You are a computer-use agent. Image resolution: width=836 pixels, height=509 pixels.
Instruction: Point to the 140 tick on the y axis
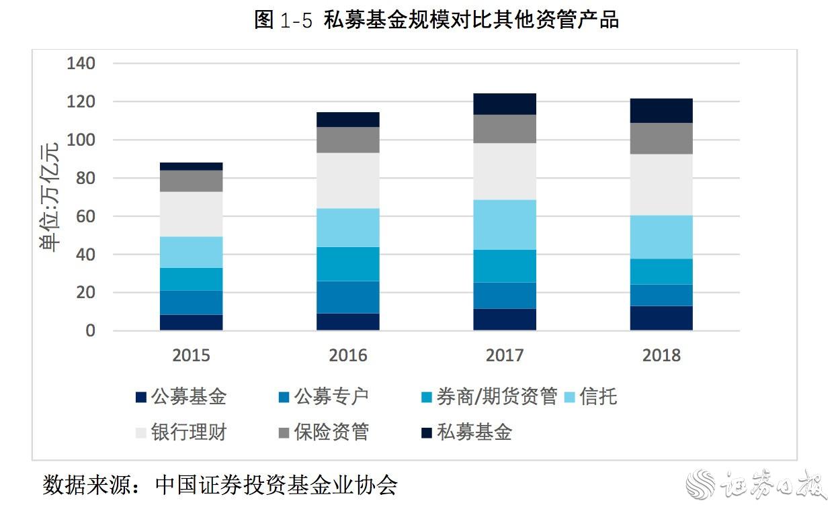pos(81,64)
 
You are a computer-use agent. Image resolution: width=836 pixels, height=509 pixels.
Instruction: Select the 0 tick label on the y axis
pos(90,331)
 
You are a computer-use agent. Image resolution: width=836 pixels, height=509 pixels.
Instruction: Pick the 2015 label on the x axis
pos(191,355)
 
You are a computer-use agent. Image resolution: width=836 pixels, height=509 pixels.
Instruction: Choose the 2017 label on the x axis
pos(505,355)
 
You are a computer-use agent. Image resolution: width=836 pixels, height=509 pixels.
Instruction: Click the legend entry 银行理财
pos(189,432)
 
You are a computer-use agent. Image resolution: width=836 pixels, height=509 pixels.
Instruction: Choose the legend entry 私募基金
pos(474,432)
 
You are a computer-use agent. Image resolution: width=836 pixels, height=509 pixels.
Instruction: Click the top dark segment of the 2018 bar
pos(661,111)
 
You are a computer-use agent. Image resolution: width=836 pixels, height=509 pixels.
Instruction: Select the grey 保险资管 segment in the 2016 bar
pos(348,140)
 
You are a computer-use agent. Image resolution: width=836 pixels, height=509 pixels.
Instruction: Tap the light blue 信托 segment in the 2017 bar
pos(505,225)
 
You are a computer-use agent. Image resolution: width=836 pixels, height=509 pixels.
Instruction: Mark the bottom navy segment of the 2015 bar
pos(191,322)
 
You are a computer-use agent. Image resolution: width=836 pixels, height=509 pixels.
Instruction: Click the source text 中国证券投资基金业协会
pos(276,485)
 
